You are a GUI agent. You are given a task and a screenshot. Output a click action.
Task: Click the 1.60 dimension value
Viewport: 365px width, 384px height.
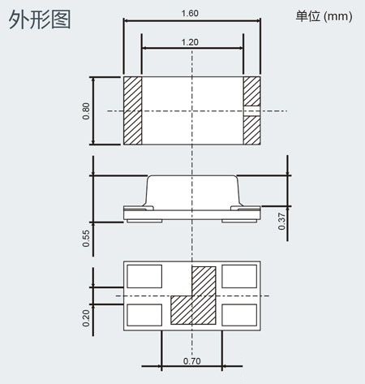point(190,13)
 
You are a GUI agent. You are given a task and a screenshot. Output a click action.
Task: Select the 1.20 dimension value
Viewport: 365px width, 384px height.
point(190,42)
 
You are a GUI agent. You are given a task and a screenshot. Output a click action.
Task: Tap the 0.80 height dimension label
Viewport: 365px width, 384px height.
point(86,111)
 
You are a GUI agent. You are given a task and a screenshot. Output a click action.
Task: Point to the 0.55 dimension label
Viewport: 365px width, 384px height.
point(86,239)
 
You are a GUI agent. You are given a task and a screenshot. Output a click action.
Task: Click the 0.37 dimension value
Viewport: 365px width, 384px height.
point(281,222)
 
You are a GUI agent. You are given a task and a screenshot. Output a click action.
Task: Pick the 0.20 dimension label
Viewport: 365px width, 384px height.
point(86,318)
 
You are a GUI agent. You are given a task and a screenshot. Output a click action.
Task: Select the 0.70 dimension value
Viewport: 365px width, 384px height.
point(192,361)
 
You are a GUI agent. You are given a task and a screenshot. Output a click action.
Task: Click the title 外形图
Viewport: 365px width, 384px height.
point(40,19)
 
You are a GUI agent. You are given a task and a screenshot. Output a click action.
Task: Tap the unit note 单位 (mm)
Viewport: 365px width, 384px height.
point(324,16)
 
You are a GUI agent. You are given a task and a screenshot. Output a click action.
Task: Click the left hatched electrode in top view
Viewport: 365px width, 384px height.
point(132,110)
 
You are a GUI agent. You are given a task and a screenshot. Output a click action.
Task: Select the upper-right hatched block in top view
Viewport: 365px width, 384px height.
point(251,91)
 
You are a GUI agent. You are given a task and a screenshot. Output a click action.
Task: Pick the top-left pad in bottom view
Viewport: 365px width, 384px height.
point(144,276)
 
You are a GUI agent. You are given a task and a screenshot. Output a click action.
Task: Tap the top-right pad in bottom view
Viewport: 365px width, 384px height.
point(239,276)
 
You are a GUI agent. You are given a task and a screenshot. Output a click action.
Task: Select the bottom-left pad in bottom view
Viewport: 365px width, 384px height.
point(144,315)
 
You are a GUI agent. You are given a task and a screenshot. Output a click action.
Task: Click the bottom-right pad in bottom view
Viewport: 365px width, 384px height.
point(239,315)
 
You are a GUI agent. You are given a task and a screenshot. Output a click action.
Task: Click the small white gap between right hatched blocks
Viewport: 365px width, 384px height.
point(251,111)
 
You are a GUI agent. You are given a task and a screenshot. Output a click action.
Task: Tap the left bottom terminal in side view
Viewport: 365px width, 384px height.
point(144,221)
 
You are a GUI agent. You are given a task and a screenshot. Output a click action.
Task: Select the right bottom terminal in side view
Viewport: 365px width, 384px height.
point(239,221)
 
